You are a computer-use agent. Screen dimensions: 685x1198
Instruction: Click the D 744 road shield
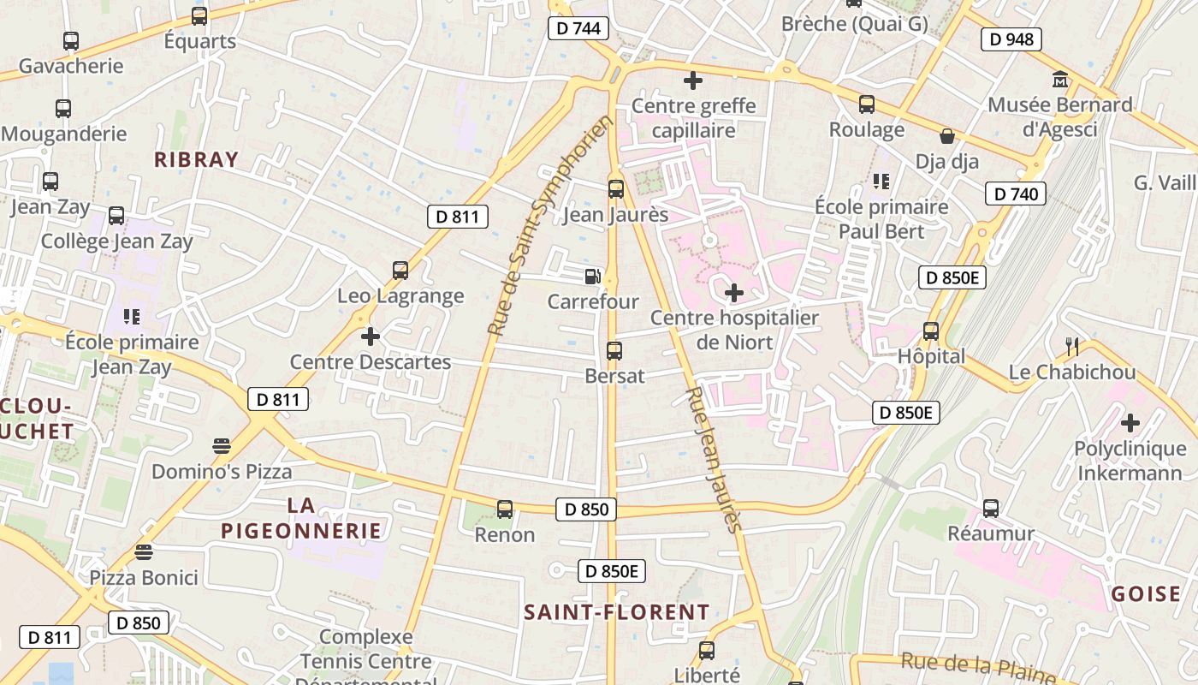(578, 28)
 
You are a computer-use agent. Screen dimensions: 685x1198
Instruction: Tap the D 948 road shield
(1011, 39)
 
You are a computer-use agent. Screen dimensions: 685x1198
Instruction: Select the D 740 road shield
(1017, 194)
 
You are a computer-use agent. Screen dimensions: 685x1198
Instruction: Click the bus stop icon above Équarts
(199, 15)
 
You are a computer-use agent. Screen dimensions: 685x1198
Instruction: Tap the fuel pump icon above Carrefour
(591, 277)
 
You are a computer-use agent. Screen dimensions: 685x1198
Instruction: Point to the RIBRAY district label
(196, 159)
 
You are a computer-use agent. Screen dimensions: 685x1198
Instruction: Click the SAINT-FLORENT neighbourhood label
(616, 612)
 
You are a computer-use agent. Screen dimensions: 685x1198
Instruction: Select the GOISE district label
(1146, 594)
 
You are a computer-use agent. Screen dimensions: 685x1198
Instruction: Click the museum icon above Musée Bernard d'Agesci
(1060, 80)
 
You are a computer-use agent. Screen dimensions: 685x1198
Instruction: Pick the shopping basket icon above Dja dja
(947, 136)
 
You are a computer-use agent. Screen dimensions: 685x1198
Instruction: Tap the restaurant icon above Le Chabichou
(1071, 346)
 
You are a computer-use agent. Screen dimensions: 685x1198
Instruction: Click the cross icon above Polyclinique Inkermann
(1130, 423)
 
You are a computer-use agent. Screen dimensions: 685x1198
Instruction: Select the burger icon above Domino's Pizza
(222, 446)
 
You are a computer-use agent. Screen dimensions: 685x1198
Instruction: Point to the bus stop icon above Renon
(505, 509)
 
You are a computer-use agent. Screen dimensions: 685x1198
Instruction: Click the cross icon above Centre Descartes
(370, 337)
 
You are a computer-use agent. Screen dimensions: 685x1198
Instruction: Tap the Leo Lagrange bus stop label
(400, 296)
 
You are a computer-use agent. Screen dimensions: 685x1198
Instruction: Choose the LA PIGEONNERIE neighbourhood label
(301, 518)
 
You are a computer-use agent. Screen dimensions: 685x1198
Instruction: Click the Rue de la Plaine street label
(978, 668)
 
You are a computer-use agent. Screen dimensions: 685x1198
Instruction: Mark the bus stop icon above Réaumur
(990, 509)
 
